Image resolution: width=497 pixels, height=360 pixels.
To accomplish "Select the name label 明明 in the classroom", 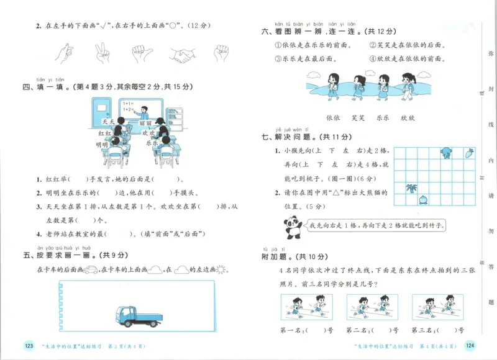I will tap(102, 144).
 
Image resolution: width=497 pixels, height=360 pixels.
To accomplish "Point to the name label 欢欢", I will tap(148, 133).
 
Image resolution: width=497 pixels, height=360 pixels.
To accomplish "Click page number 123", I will tap(28, 346).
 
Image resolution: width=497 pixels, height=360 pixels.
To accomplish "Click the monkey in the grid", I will tap(445, 153).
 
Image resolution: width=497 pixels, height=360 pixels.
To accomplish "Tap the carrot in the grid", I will tap(469, 153).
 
